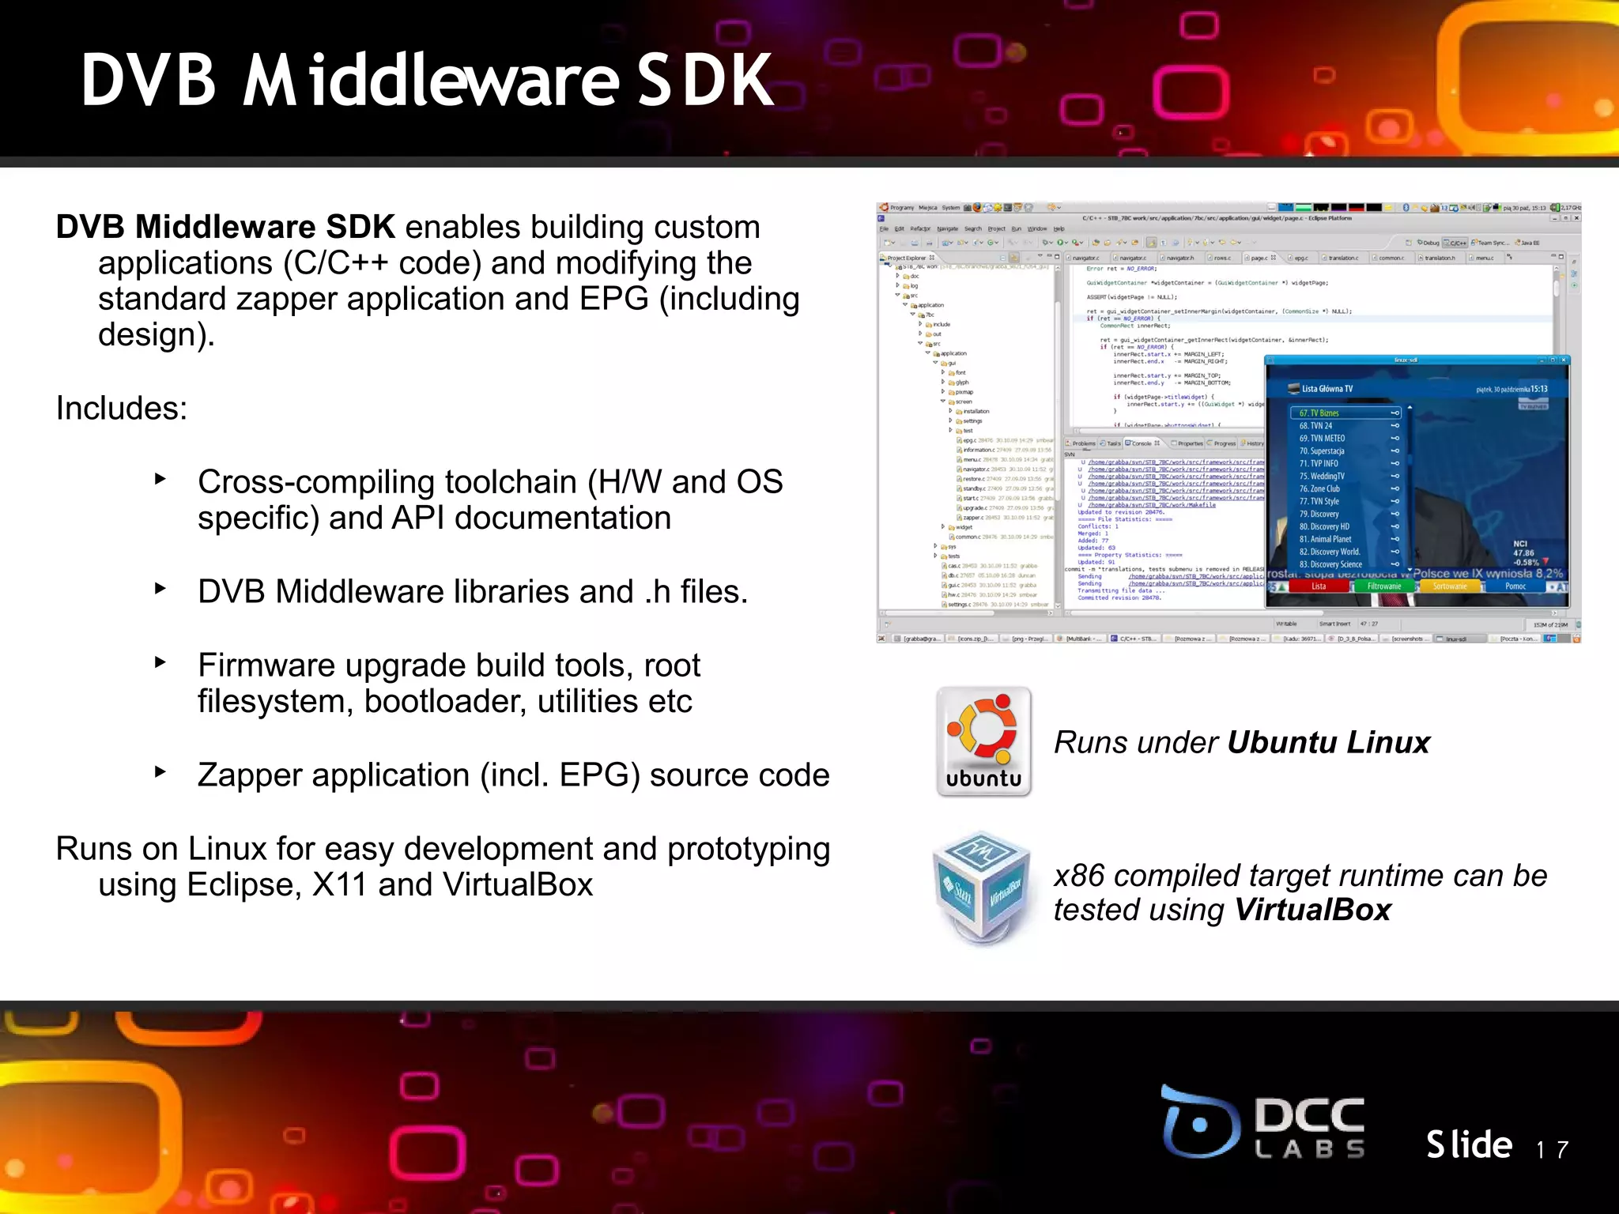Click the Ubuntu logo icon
(983, 741)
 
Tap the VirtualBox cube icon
(983, 888)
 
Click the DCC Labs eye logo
(1199, 1122)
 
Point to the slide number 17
(1552, 1149)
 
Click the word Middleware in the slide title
(431, 81)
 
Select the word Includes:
(122, 409)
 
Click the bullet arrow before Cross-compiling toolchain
(160, 479)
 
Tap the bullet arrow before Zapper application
(160, 772)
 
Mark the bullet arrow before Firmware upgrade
(160, 662)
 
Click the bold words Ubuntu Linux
(1328, 743)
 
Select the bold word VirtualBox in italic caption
(1312, 910)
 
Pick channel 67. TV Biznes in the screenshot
(1320, 413)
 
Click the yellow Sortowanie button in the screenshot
(1450, 586)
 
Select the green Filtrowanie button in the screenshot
(1384, 586)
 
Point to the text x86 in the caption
(1078, 876)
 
